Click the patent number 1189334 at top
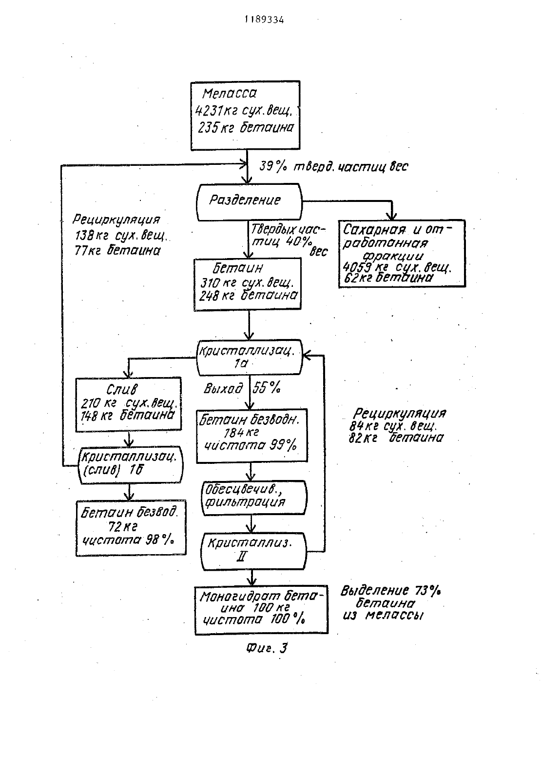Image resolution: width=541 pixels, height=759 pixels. [264, 20]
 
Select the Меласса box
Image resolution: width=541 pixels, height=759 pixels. [246, 115]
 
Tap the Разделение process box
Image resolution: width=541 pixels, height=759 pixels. [249, 202]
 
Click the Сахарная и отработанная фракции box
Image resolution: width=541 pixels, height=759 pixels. [402, 254]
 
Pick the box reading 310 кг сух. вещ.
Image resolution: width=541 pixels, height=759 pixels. [248, 284]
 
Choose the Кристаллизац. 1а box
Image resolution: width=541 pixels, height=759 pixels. [249, 358]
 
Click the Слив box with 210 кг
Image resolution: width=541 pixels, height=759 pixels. [128, 404]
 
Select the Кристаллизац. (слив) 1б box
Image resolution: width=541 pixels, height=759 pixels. [130, 465]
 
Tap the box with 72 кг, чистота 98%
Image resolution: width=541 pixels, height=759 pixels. [131, 528]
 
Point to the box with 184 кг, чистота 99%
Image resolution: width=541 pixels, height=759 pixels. [252, 436]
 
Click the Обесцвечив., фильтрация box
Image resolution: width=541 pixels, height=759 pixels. [254, 498]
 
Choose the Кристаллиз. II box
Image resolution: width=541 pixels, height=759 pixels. [253, 551]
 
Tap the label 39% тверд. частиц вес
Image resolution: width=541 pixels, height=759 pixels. [334, 166]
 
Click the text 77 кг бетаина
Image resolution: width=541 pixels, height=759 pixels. [117, 251]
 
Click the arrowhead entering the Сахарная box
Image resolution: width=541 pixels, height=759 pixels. [392, 216]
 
